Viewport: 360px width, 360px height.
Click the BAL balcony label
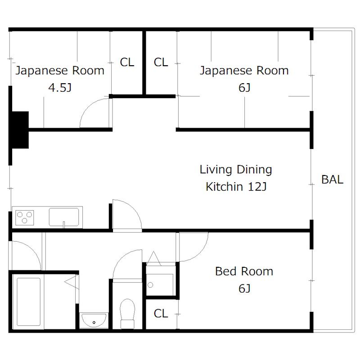click(x=332, y=180)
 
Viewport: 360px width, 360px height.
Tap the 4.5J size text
click(x=60, y=88)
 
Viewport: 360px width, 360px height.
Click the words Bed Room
click(x=244, y=271)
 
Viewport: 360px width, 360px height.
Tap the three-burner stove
click(x=25, y=217)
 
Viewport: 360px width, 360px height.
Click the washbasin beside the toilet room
click(x=94, y=319)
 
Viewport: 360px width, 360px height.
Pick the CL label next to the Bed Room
click(x=161, y=314)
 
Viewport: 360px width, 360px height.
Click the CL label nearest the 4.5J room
click(x=127, y=63)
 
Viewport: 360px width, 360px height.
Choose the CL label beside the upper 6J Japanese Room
click(x=161, y=63)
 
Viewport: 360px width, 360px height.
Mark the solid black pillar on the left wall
click(x=19, y=129)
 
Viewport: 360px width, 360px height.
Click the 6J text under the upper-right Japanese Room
click(x=244, y=88)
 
